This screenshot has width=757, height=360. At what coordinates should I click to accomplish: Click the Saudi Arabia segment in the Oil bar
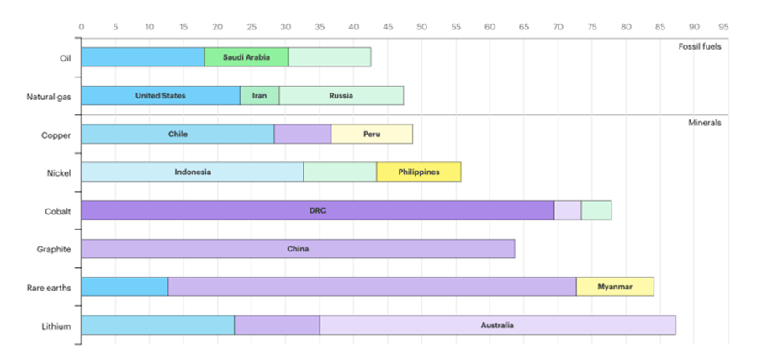point(246,57)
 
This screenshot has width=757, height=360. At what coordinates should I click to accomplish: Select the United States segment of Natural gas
point(161,96)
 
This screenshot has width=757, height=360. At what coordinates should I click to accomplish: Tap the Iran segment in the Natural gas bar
point(259,96)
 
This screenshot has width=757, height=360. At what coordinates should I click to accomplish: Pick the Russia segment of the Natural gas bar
point(341,96)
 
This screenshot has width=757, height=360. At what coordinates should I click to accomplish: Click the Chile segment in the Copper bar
point(177,134)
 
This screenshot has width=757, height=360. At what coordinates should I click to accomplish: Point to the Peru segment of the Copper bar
point(371,134)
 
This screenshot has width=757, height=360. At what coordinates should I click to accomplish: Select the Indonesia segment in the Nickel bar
point(193,172)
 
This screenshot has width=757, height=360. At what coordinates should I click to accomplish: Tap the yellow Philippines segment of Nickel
point(418,172)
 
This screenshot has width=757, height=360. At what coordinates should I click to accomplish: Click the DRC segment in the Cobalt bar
point(317,210)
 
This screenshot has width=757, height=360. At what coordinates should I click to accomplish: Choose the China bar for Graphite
point(298,249)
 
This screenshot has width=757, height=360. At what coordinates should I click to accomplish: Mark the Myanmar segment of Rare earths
point(615,287)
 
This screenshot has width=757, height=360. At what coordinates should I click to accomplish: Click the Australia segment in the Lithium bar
point(497,326)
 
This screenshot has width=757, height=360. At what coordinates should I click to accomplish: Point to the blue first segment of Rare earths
point(124,287)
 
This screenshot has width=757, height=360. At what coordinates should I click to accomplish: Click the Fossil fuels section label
point(700,46)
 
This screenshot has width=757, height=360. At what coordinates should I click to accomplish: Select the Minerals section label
point(705,123)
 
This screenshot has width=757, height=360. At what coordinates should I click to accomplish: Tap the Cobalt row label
point(57,211)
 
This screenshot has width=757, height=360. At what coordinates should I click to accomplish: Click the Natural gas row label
point(49,97)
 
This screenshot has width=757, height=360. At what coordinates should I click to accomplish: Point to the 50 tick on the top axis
point(421,27)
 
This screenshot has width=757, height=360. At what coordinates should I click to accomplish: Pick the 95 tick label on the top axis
point(723,27)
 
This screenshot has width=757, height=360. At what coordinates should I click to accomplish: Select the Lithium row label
point(56,326)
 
